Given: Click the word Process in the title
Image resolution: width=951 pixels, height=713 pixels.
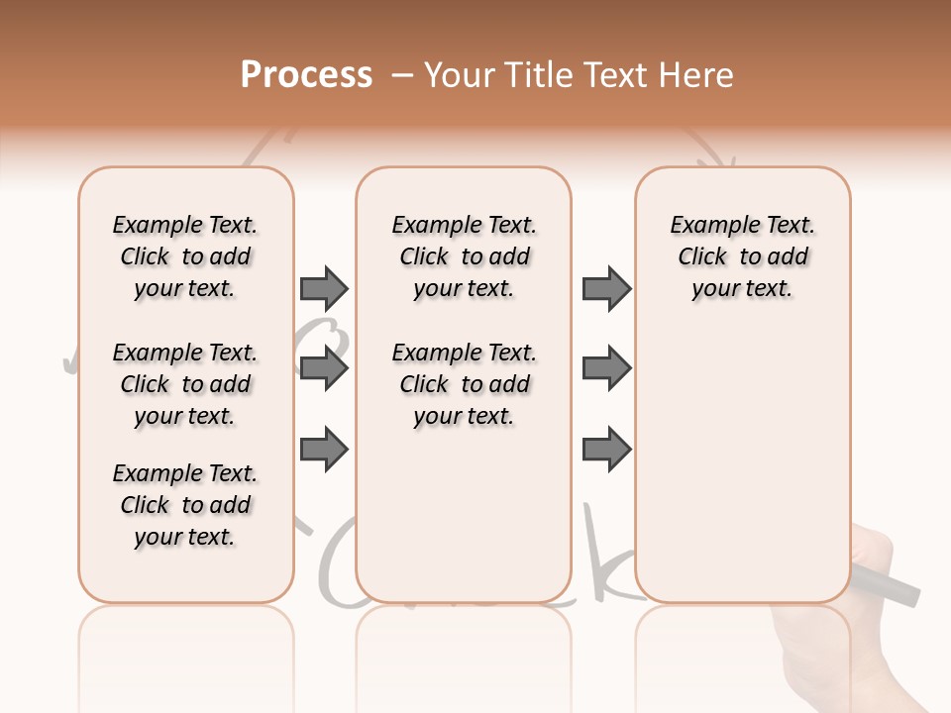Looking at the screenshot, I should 306,74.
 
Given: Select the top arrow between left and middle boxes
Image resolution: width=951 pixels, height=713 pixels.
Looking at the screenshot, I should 324,288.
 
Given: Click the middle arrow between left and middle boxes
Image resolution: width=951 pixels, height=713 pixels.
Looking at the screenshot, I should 324,369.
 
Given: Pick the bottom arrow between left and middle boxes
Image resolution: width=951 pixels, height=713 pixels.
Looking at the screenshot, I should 324,450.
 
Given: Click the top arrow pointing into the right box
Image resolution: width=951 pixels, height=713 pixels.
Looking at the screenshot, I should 606,288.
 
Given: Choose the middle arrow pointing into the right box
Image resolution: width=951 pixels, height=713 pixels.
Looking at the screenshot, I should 606,369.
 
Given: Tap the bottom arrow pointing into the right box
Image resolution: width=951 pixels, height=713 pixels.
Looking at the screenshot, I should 606,450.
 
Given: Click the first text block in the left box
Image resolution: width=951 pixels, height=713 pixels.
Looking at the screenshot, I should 185,256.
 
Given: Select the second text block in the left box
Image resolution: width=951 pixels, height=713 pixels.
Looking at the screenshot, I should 185,384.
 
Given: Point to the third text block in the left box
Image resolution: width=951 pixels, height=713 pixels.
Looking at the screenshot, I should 185,505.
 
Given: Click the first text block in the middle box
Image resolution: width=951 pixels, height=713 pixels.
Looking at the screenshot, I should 465,256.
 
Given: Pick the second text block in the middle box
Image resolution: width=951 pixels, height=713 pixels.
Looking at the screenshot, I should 465,384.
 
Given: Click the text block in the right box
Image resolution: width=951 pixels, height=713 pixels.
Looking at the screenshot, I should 743,256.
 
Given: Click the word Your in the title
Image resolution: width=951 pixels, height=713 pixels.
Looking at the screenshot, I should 462,75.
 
